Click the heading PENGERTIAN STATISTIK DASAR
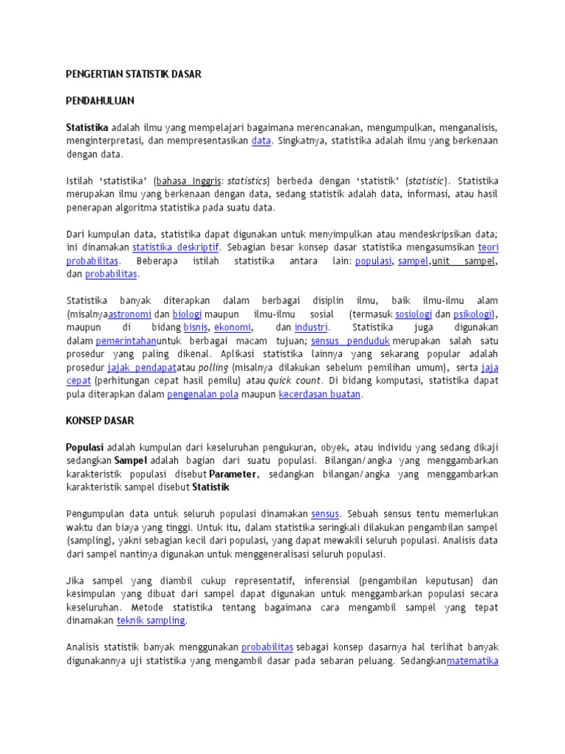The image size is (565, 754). point(133,74)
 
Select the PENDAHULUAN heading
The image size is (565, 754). point(100,100)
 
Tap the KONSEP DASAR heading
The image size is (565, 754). point(100,420)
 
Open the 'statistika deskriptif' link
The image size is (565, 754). point(176,247)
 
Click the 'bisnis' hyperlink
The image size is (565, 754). point(196,327)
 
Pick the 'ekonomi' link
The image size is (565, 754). point(232,327)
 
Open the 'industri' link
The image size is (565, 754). point(311,327)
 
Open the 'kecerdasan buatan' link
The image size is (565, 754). point(320,394)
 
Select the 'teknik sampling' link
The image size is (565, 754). point(151,621)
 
